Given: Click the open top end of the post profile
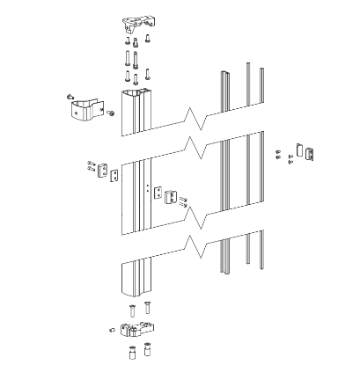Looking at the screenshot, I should click(x=135, y=94).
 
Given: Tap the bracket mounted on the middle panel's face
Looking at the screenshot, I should click(x=170, y=193).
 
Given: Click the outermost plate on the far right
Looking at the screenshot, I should click(x=307, y=153).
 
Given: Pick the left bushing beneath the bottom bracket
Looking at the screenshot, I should click(x=129, y=354).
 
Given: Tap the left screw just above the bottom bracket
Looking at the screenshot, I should click(x=129, y=309).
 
